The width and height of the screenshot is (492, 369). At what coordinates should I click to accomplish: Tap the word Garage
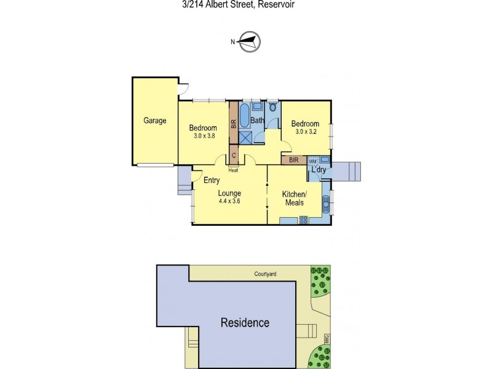155,121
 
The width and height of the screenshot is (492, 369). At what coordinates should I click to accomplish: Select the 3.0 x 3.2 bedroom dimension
305,131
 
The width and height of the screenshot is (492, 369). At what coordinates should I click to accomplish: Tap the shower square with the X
245,137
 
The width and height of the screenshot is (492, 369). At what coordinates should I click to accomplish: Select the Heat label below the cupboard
234,170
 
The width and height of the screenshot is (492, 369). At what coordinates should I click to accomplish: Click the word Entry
212,180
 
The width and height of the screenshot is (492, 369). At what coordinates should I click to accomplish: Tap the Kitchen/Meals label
294,198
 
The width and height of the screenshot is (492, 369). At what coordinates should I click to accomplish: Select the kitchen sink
325,203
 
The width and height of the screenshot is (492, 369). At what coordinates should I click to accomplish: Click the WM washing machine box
312,161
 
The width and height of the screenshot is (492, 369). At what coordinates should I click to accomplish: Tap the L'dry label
319,169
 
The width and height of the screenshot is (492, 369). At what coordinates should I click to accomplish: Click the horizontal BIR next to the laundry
294,160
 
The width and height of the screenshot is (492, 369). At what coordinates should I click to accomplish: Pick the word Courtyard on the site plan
266,275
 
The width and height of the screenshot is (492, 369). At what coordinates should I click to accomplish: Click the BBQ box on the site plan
328,338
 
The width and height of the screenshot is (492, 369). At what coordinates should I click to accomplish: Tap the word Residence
245,322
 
